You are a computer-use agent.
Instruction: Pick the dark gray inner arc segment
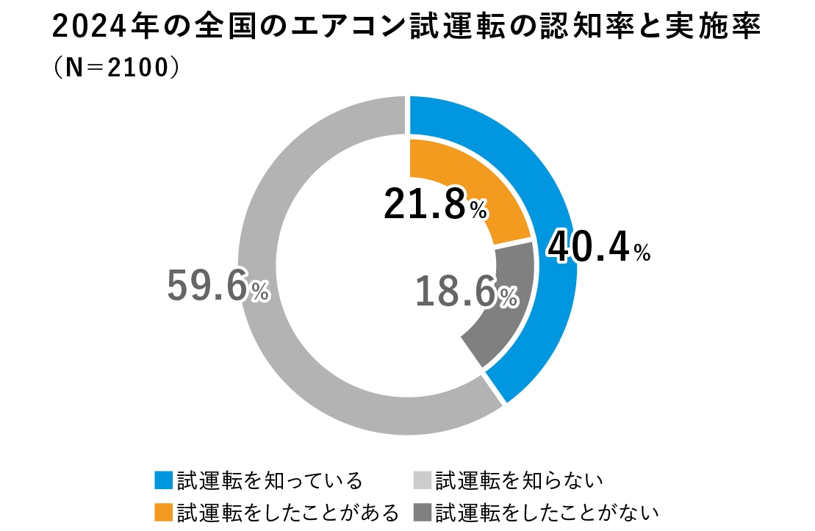(x=507, y=323)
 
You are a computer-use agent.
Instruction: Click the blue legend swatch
(x=164, y=480)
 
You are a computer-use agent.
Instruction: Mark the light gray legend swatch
(x=423, y=480)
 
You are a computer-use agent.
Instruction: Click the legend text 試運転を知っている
(x=270, y=481)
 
